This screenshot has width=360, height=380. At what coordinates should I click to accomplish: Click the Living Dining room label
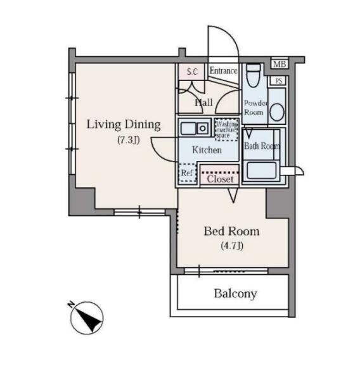[x=124, y=125]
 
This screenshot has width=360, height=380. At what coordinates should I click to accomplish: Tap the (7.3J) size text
[x=128, y=140]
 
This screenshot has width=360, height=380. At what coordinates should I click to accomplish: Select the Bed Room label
[x=231, y=231]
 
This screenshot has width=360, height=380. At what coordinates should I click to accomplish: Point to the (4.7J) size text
[x=232, y=246]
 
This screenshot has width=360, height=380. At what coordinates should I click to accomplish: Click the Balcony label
[x=235, y=294]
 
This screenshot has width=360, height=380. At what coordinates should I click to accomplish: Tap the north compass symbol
[x=87, y=318]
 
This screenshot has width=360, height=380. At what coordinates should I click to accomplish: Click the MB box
[x=280, y=64]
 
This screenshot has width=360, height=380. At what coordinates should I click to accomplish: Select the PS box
[x=279, y=80]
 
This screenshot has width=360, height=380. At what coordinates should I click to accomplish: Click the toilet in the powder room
[x=254, y=75]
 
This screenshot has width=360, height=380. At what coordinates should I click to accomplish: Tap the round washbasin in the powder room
[x=277, y=112]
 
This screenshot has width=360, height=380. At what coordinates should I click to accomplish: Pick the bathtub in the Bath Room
[x=261, y=170]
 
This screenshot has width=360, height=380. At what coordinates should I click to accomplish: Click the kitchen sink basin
[x=188, y=129]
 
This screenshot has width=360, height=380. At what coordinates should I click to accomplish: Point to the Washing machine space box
[x=226, y=130]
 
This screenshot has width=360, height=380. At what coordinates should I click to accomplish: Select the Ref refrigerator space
[x=187, y=173]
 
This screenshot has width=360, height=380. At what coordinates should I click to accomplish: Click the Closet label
[x=220, y=179]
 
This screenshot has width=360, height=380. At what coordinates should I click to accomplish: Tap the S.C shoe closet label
[x=193, y=72]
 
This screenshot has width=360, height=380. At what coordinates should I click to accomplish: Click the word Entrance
[x=224, y=71]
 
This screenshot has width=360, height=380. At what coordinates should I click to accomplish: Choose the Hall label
[x=204, y=103]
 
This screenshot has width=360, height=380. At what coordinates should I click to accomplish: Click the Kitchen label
[x=207, y=150]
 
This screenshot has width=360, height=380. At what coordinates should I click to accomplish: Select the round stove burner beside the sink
[x=202, y=129]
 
